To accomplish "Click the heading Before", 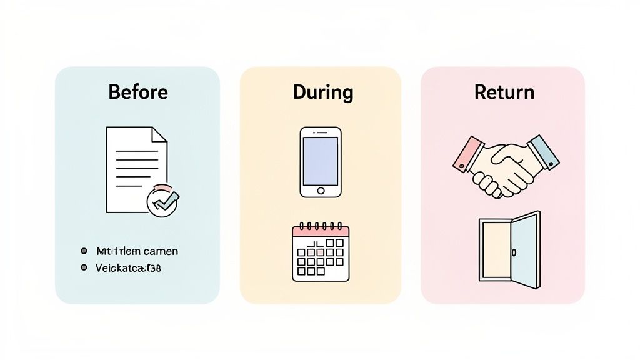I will pyautogui.click(x=137, y=92).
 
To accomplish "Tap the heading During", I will pyautogui.click(x=323, y=92).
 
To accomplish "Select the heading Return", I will pyautogui.click(x=504, y=92).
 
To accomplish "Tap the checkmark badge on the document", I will pyautogui.click(x=162, y=201).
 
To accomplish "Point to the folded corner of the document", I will pyautogui.click(x=160, y=134).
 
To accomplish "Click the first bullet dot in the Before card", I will pyautogui.click(x=84, y=251).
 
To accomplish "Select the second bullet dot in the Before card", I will pyautogui.click(x=84, y=267).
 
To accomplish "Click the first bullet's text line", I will pyautogui.click(x=137, y=251).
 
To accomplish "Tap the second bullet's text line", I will pyautogui.click(x=128, y=267).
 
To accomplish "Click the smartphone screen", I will pyautogui.click(x=321, y=160).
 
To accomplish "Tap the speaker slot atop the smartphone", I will pyautogui.click(x=321, y=132).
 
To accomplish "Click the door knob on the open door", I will pyautogui.click(x=514, y=252).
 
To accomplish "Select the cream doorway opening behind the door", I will pyautogui.click(x=496, y=250).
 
